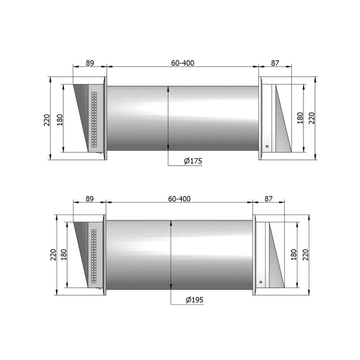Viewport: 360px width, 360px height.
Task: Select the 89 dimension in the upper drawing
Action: tap(90, 63)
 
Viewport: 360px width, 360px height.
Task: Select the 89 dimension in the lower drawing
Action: tap(90, 199)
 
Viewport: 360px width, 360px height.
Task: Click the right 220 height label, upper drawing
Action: tap(312, 118)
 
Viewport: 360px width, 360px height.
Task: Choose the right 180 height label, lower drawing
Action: tap(293, 254)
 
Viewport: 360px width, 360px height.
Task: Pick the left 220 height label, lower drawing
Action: tap(53, 254)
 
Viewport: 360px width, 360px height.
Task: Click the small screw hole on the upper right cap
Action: tap(267, 146)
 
